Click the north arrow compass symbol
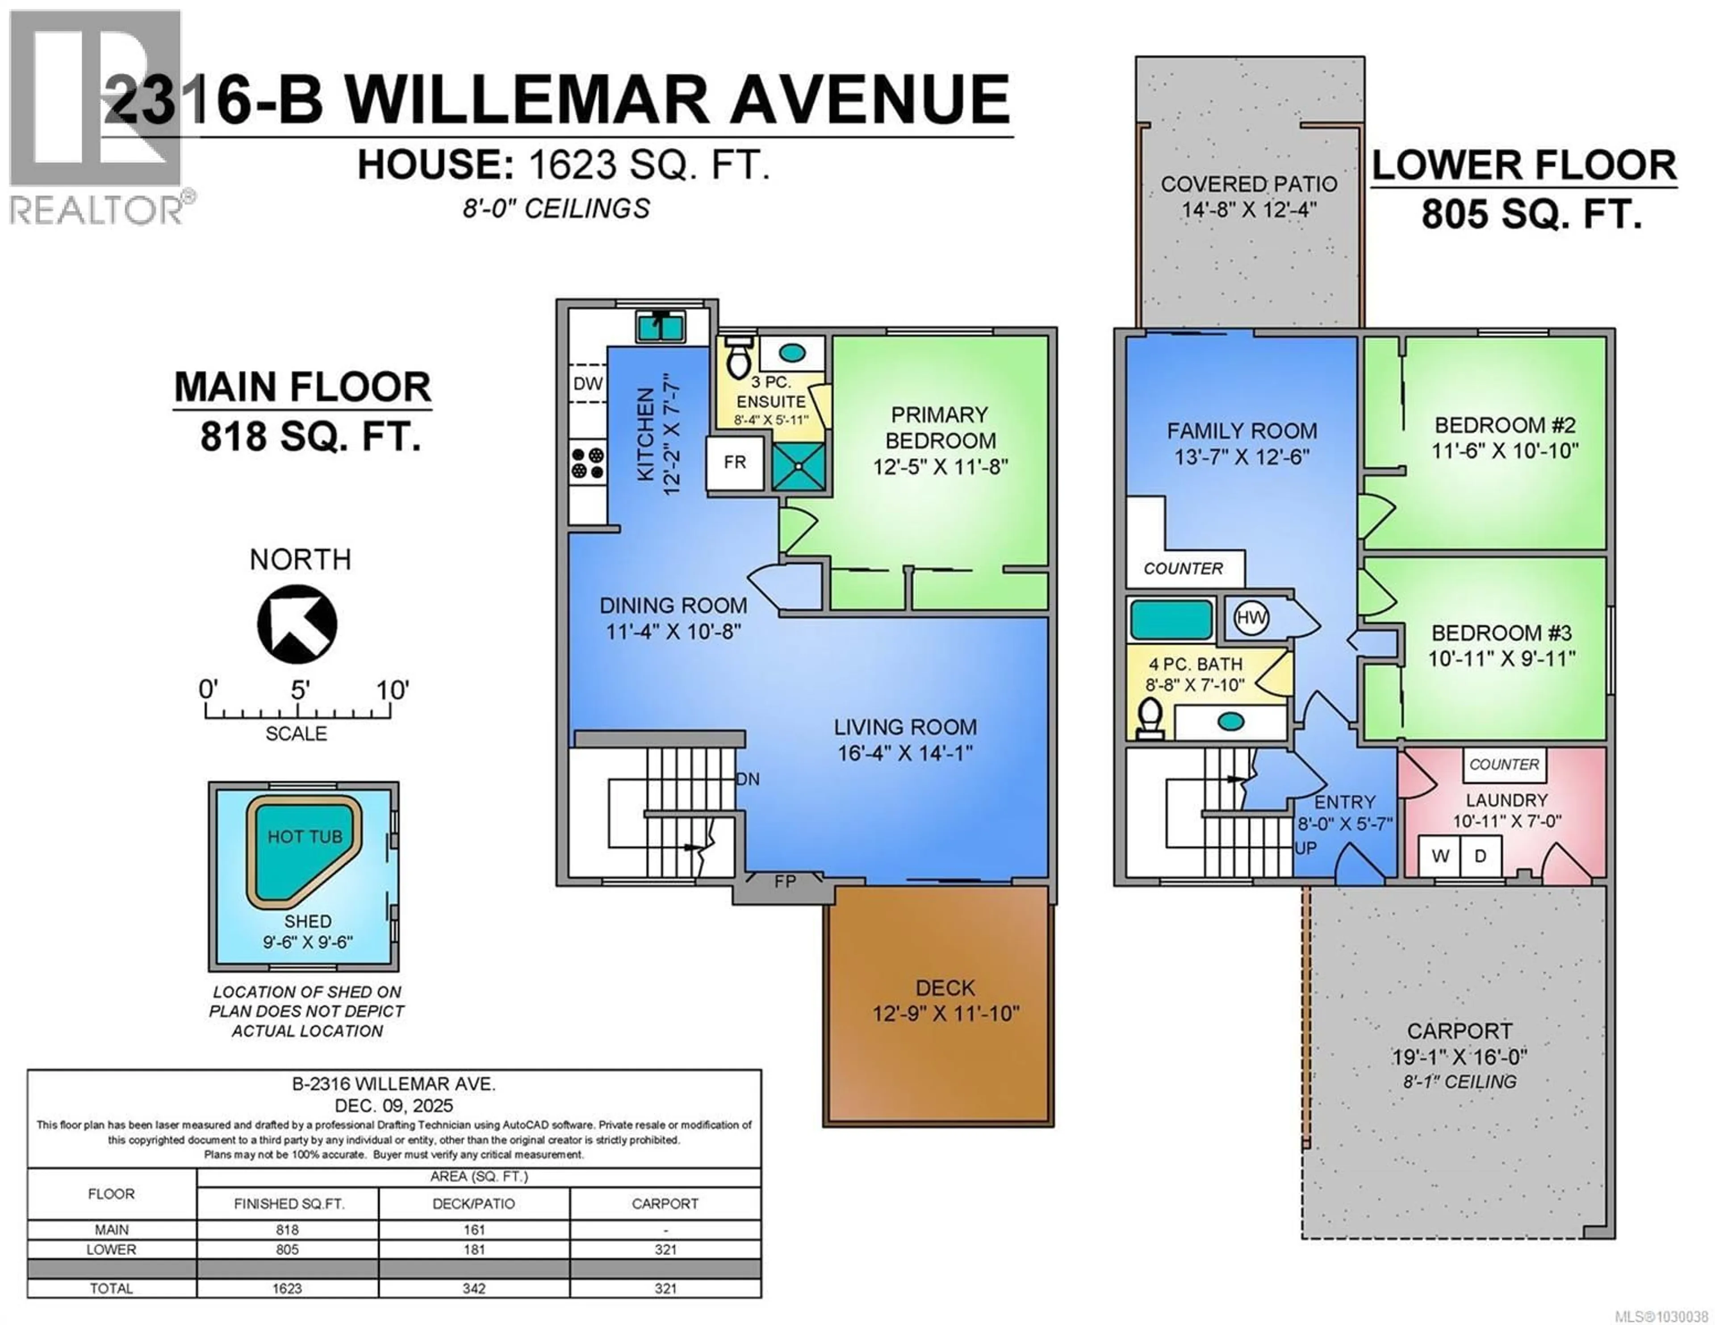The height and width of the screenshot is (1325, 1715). point(297,624)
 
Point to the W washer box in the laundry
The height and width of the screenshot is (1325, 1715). point(1439,856)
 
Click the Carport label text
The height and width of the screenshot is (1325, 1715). point(1459,1031)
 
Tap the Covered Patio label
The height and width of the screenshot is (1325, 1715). point(1249,184)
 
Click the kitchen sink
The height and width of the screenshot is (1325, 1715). point(660,325)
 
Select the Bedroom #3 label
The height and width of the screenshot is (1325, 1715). point(1501,633)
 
